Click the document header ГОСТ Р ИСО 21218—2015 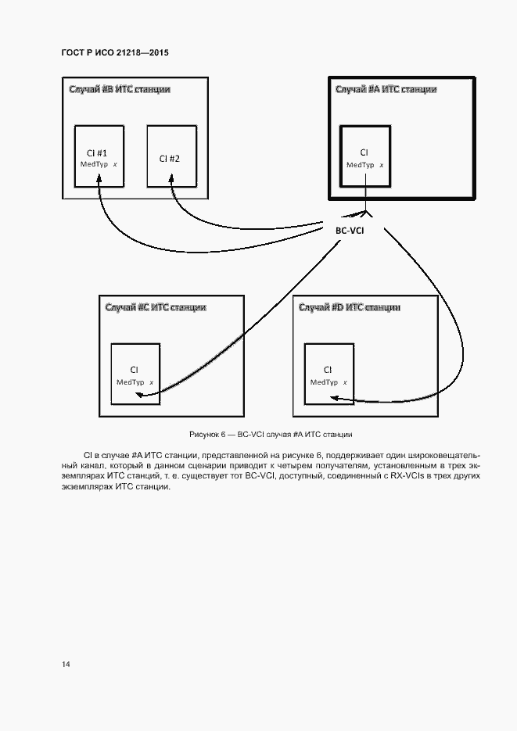(115, 52)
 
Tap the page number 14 (66, 664)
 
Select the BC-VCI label (349, 230)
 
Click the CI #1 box (99, 156)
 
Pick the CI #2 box (171, 156)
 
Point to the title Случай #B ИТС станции (119, 89)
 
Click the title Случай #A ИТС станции (386, 89)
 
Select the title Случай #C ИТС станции (156, 307)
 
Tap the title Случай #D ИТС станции (350, 307)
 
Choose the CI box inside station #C (135, 373)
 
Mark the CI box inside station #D (329, 373)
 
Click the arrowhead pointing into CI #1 (99, 181)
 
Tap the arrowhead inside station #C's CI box (138, 395)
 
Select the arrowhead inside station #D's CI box (332, 398)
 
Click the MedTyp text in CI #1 (94, 164)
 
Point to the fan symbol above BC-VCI (365, 211)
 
